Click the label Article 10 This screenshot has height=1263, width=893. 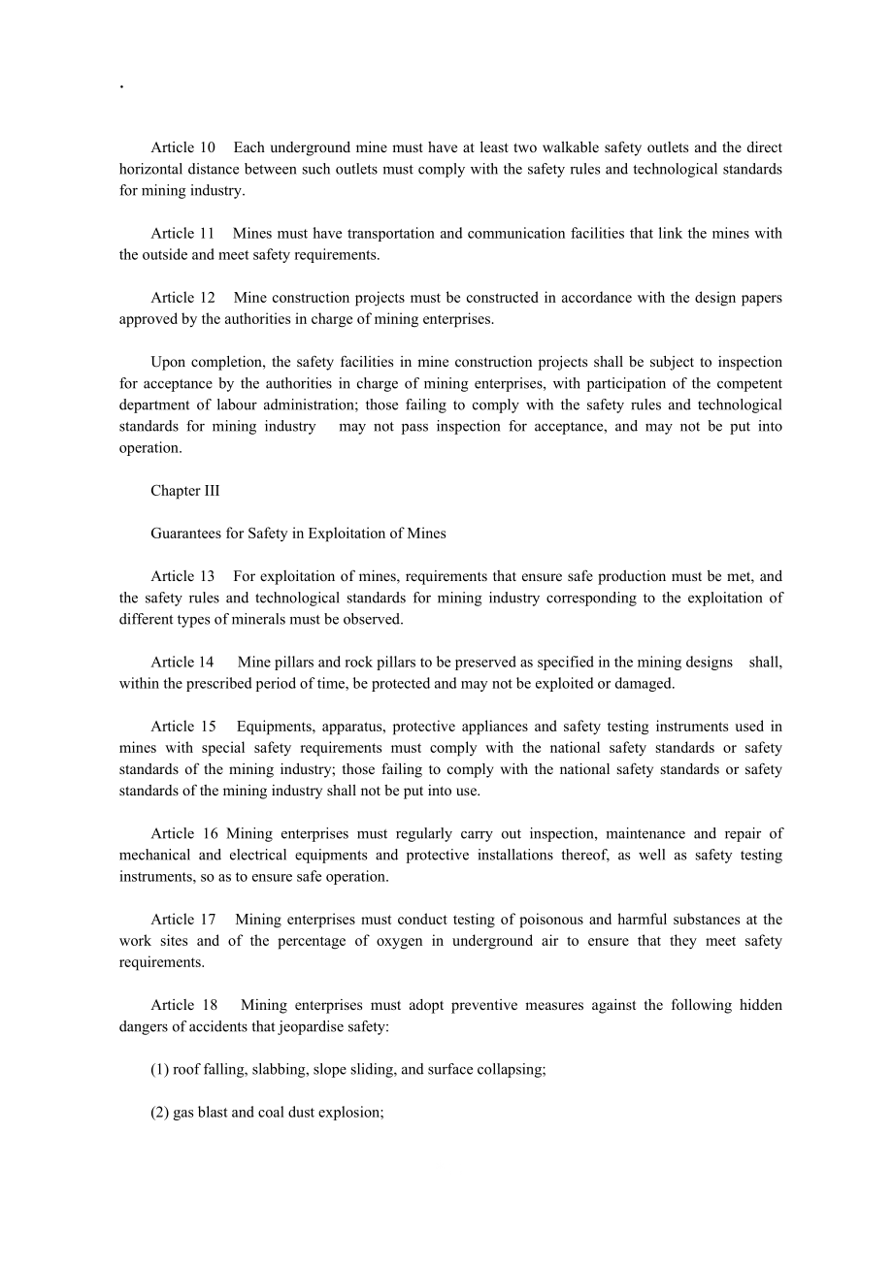click(x=182, y=147)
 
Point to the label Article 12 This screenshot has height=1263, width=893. click(x=182, y=298)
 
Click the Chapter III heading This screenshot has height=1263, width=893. click(x=185, y=491)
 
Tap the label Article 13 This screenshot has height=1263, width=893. click(x=182, y=577)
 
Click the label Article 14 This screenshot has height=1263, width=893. click(x=182, y=663)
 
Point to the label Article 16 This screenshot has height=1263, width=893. click(x=184, y=834)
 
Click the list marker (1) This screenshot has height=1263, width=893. click(x=160, y=1070)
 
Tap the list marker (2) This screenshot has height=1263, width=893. click(x=160, y=1113)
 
